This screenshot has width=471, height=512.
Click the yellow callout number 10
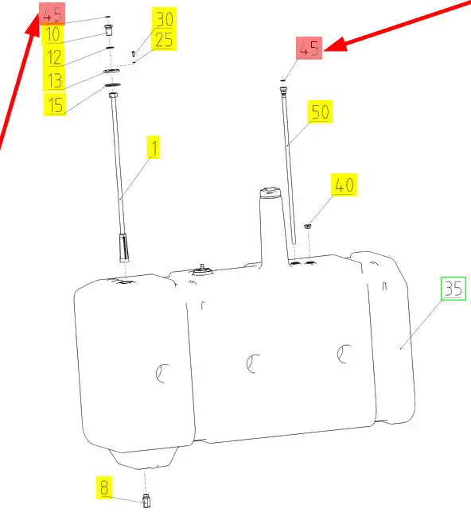click(53, 35)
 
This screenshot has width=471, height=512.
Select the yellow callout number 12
click(54, 57)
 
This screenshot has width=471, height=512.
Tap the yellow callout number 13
click(54, 80)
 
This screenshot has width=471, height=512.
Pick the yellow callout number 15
click(55, 104)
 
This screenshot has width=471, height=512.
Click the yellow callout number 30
click(165, 20)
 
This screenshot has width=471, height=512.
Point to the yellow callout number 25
click(164, 41)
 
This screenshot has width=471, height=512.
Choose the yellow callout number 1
click(154, 148)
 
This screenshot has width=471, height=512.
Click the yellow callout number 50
click(321, 112)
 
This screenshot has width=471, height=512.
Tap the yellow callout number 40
click(344, 185)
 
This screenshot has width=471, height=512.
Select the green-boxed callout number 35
click(453, 289)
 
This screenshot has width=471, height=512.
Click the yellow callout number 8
click(104, 487)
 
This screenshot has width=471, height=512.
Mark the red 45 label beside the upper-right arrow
click(309, 48)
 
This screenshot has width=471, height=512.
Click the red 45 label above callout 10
click(53, 14)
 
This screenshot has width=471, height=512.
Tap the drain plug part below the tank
click(146, 501)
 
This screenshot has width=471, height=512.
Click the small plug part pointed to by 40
click(307, 226)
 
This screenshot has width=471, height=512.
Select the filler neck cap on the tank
click(270, 192)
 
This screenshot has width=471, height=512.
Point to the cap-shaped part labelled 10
click(108, 30)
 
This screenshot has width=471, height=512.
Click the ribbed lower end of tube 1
click(125, 247)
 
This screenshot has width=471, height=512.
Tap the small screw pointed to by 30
click(134, 53)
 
